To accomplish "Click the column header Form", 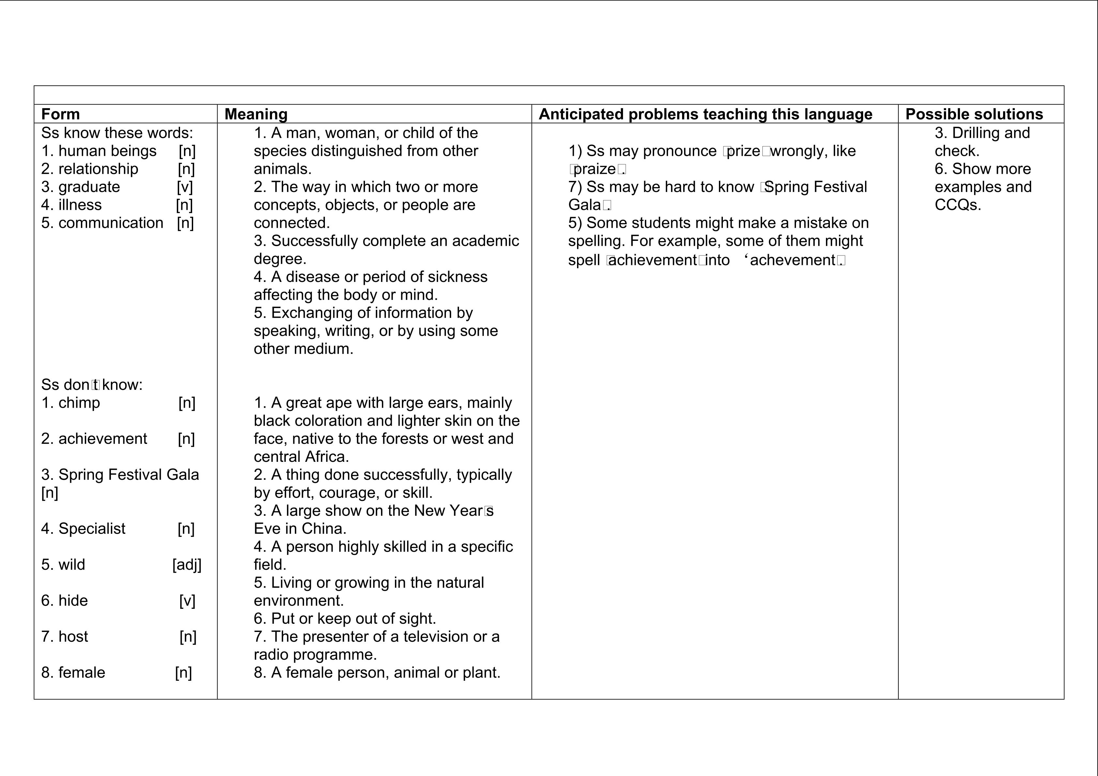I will (x=60, y=114).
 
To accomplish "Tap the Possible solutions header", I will (x=974, y=114).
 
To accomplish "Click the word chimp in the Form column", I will (x=79, y=403).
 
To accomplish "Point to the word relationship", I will (x=98, y=169).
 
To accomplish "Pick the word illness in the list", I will (x=80, y=205).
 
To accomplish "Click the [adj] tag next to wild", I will (x=187, y=565).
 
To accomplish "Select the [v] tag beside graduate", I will (x=185, y=187).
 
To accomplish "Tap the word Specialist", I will (x=92, y=529).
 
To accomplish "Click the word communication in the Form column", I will (x=111, y=223).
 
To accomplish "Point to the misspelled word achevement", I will (x=792, y=260).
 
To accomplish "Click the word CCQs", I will (x=957, y=205).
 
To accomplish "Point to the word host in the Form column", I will (x=73, y=637).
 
